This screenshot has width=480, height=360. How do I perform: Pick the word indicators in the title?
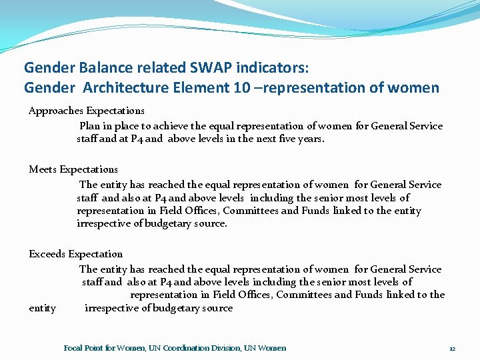271,67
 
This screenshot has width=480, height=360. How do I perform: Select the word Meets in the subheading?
43,169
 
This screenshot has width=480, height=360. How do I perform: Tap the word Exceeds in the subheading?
47,254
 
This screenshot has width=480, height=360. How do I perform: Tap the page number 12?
452,349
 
